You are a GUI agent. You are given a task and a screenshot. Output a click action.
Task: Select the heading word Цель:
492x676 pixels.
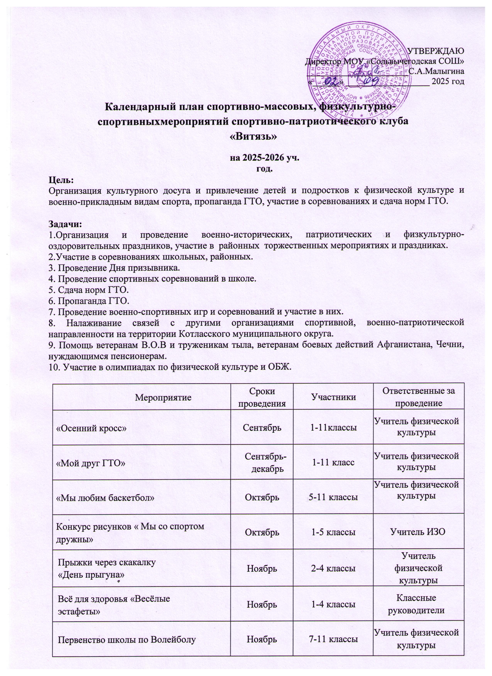pos(61,180)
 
